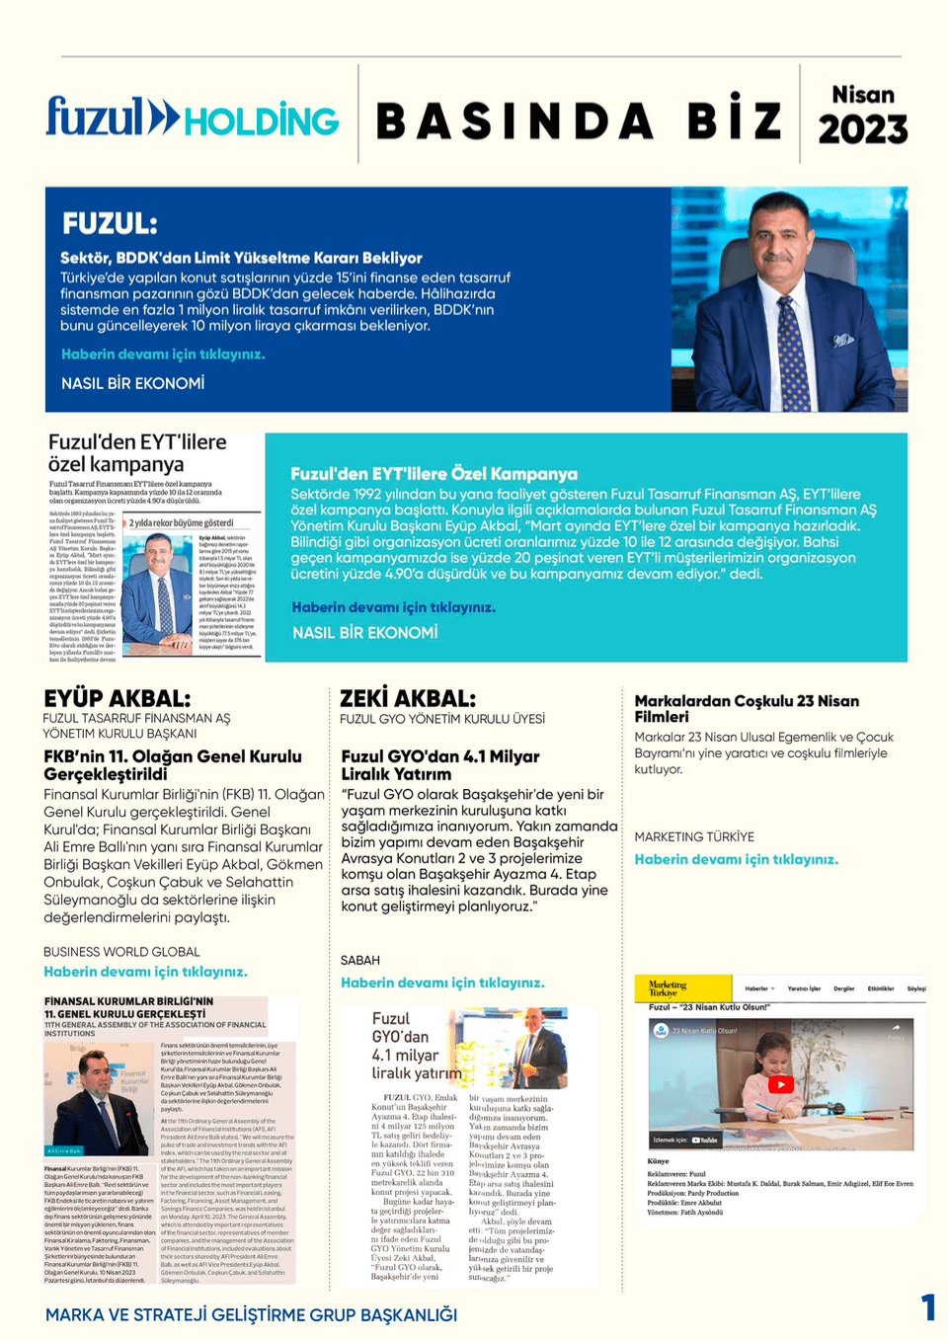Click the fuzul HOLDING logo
click(x=193, y=118)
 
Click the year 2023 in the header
click(x=862, y=129)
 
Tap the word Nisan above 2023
click(x=862, y=95)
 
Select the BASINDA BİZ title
click(x=579, y=121)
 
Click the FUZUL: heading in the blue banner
click(x=110, y=223)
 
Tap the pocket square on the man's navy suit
click(x=842, y=340)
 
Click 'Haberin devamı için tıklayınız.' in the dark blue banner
click(x=163, y=355)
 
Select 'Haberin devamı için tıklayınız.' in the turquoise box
click(x=393, y=607)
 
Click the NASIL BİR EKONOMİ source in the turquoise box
click(x=364, y=633)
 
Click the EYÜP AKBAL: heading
click(x=117, y=699)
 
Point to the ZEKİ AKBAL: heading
click(x=408, y=699)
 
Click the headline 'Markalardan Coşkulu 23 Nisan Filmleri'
click(x=747, y=708)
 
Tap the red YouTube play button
click(x=780, y=1084)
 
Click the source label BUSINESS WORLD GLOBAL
click(x=121, y=952)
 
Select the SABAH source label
click(x=359, y=960)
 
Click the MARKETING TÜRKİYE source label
click(x=694, y=836)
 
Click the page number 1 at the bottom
click(x=927, y=1307)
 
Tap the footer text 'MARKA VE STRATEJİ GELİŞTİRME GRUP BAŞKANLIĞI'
click(x=251, y=1315)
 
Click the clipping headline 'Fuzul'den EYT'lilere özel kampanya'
click(x=137, y=453)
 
